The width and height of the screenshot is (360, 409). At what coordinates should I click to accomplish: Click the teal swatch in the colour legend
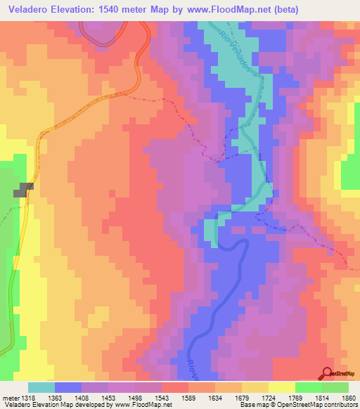41,387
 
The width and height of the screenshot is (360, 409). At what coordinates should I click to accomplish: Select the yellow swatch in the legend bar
281,387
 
